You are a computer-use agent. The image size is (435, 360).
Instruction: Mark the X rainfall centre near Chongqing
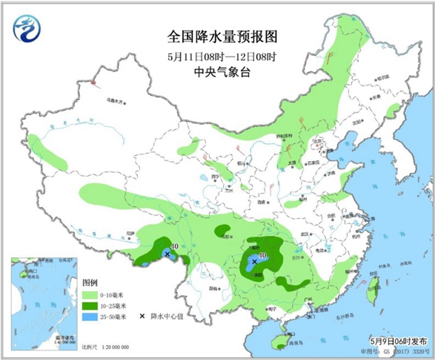pyautogui.click(x=254, y=261)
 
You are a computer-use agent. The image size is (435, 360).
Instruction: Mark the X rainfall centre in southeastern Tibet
pyautogui.click(x=168, y=254)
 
